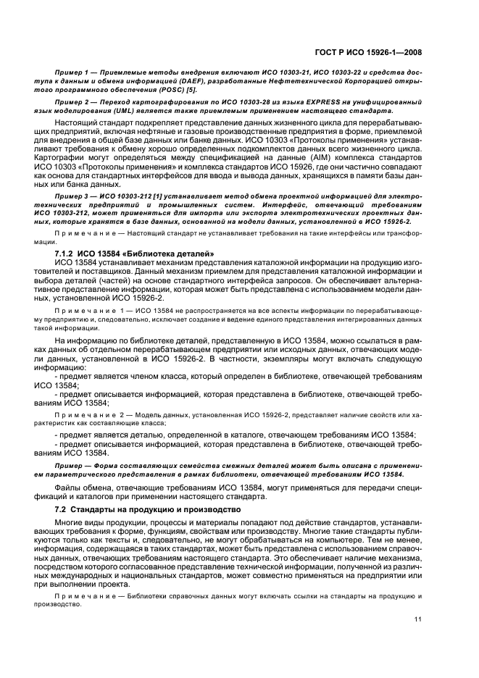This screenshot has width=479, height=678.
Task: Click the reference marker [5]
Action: click(x=177, y=92)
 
